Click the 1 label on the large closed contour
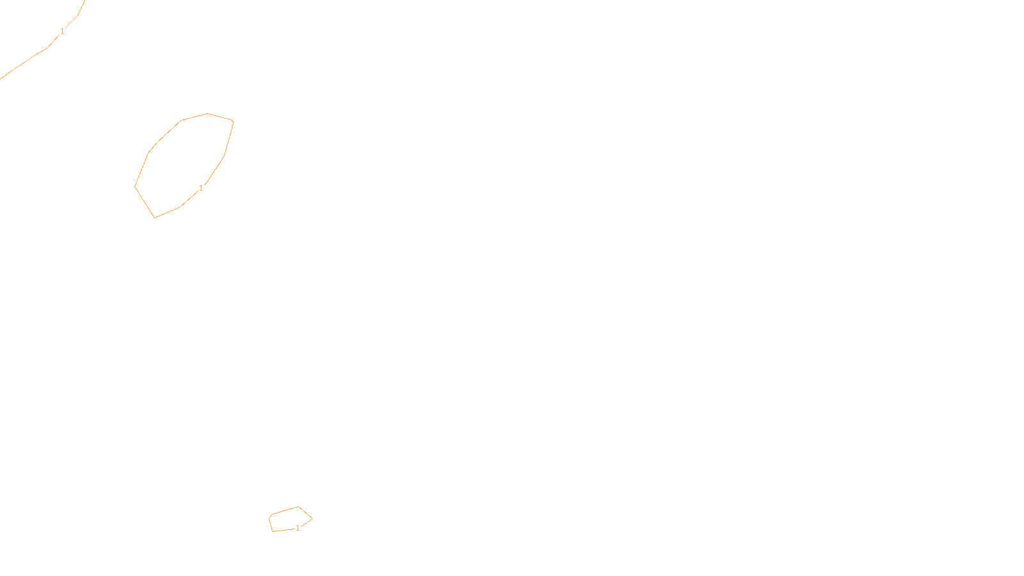[201, 188]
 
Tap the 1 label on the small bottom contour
[298, 528]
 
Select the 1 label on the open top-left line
[62, 31]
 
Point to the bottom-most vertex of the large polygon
[154, 218]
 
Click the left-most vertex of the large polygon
[135, 186]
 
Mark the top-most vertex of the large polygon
[207, 113]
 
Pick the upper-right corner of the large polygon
[233, 121]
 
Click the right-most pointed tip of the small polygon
[312, 518]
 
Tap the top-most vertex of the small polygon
[298, 506]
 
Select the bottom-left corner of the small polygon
[273, 531]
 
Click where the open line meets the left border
[1, 79]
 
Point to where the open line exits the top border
[84, 1]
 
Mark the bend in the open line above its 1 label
[77, 15]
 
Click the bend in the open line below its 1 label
[47, 48]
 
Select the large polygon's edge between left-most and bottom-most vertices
[145, 202]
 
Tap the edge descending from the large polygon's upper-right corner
[229, 138]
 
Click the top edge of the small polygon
[285, 510]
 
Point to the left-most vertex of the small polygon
[269, 518]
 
